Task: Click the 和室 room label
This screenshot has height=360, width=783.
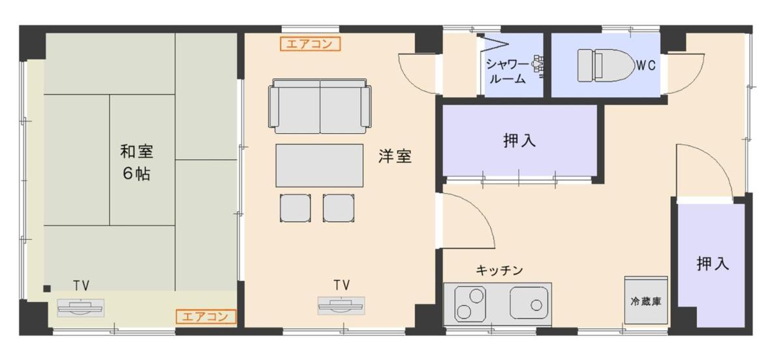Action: click(x=136, y=152)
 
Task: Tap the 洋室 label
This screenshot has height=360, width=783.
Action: click(x=395, y=157)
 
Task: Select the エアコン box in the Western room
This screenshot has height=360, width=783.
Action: click(x=310, y=44)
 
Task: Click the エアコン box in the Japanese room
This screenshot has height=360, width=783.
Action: click(x=206, y=317)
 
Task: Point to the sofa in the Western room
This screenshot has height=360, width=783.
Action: click(x=320, y=106)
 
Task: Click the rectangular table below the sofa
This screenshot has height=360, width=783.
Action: click(x=320, y=165)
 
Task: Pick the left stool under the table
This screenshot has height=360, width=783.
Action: click(x=296, y=208)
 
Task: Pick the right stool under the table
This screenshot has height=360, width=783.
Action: click(x=339, y=208)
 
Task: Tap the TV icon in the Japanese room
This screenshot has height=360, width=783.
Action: click(x=81, y=308)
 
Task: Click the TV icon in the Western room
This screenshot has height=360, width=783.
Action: click(x=341, y=306)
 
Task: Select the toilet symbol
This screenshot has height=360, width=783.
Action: click(x=606, y=65)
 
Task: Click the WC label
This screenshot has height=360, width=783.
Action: click(x=646, y=65)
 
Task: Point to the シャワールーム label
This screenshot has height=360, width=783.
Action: click(x=507, y=72)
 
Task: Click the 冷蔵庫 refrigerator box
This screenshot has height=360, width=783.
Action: click(x=646, y=300)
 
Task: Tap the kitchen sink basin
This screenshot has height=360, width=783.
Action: click(x=529, y=303)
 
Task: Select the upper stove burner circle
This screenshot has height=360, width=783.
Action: click(x=476, y=296)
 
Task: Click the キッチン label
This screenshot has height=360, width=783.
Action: click(x=500, y=270)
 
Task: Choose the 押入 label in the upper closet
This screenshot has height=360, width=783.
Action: click(x=519, y=140)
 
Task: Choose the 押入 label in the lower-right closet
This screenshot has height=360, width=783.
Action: click(x=713, y=263)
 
